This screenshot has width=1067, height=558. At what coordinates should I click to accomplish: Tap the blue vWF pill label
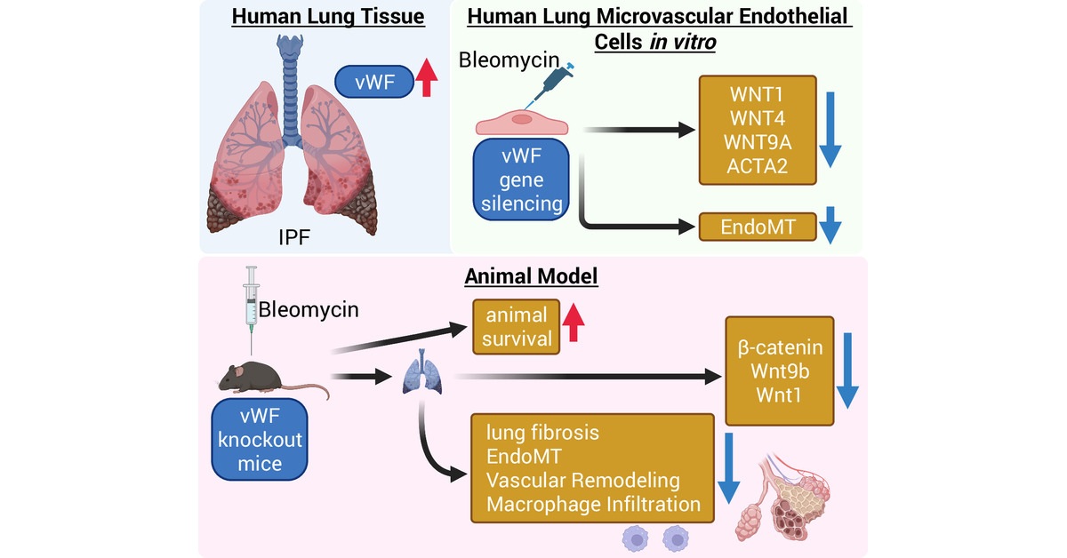tap(370, 81)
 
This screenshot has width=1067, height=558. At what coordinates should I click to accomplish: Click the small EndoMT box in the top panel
tap(757, 227)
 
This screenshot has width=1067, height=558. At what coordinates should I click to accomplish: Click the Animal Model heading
tap(531, 277)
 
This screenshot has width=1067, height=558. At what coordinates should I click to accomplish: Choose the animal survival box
tap(516, 327)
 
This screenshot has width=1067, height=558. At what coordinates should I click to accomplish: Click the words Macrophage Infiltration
tap(594, 504)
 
